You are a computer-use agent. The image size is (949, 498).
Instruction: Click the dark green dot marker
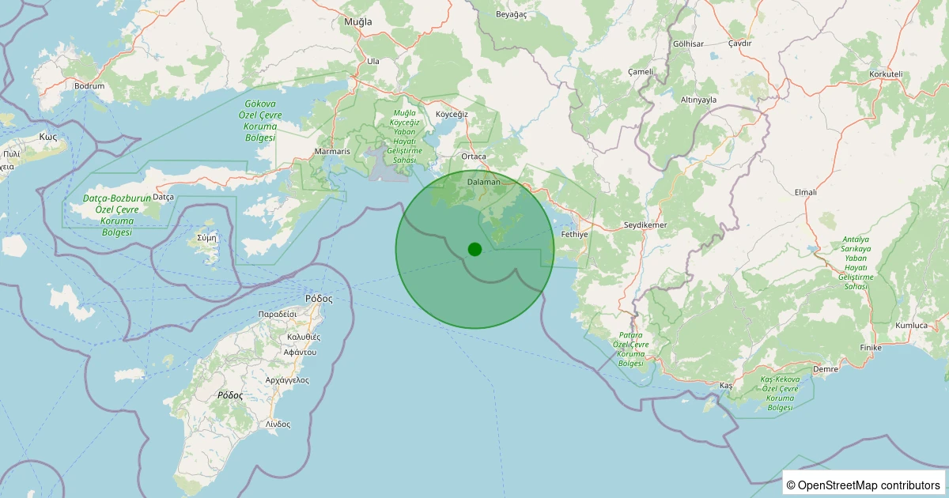pyautogui.click(x=475, y=249)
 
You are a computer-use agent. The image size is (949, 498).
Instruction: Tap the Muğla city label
pyautogui.click(x=357, y=21)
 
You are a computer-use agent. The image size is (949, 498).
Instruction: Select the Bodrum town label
pyautogui.click(x=89, y=85)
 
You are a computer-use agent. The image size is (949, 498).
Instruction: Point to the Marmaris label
pyautogui.click(x=331, y=151)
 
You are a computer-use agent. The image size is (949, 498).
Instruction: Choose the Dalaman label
pyautogui.click(x=484, y=182)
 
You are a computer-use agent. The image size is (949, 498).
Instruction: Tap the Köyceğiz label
pyautogui.click(x=452, y=114)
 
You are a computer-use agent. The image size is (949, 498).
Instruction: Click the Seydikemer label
pyautogui.click(x=646, y=225)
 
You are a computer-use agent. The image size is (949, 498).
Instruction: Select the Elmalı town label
pyautogui.click(x=805, y=192)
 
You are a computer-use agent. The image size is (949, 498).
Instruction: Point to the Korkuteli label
pyautogui.click(x=886, y=74)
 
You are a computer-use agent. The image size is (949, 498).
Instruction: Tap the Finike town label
pyautogui.click(x=869, y=348)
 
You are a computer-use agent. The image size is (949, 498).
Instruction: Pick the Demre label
pyautogui.click(x=826, y=369)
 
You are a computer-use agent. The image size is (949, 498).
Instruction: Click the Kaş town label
pyautogui.click(x=726, y=385)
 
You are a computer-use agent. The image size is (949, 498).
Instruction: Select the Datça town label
pyautogui.click(x=162, y=196)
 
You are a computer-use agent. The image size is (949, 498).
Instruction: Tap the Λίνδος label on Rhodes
pyautogui.click(x=278, y=424)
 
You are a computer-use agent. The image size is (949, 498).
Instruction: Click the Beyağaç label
pyautogui.click(x=511, y=14)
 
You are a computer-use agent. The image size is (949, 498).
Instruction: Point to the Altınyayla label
pyautogui.click(x=698, y=100)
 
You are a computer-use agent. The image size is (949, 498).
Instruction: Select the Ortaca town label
pyautogui.click(x=474, y=157)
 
